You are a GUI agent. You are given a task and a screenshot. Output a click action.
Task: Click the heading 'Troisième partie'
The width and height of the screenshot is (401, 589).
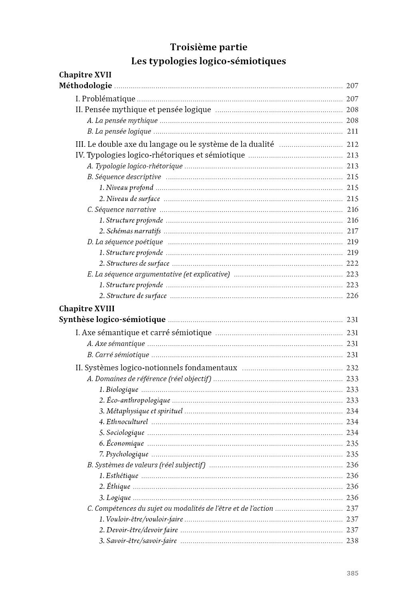point(208,47)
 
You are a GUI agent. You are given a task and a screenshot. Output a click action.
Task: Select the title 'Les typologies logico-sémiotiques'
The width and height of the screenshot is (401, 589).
point(208,61)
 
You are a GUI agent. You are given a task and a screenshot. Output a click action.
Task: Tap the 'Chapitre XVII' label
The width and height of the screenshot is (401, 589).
point(85,75)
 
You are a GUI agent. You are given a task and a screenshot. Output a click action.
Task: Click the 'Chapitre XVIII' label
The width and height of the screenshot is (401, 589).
point(87,308)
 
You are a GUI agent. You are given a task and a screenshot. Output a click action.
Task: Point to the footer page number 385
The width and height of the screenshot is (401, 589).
point(352,573)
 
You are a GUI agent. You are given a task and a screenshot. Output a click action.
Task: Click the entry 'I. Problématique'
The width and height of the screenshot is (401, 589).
point(105,99)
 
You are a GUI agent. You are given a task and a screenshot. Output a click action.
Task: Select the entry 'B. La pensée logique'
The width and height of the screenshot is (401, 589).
point(119,131)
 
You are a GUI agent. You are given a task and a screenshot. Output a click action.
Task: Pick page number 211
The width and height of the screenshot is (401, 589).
point(353,131)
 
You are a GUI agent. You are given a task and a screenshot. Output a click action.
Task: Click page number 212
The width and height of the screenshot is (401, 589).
point(352,144)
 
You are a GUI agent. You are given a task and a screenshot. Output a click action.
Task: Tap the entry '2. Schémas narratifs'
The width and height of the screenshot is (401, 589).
point(130,231)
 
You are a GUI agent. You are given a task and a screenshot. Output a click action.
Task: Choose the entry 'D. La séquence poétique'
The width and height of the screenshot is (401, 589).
point(125,242)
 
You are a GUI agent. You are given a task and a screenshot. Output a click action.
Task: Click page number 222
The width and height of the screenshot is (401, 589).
point(352,263)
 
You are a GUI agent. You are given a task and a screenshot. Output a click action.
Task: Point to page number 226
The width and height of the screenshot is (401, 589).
point(352,296)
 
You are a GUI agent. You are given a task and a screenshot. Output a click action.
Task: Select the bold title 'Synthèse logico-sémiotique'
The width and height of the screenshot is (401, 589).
point(112,319)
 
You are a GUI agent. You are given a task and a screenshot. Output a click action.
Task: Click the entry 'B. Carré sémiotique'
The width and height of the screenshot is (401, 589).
point(118,355)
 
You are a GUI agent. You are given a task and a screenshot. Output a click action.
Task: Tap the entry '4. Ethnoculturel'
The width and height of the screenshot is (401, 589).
point(123,422)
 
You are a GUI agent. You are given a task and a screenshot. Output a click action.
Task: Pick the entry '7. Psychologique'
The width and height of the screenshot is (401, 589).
point(123,454)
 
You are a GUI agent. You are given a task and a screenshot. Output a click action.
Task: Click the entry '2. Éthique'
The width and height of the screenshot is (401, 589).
point(115,486)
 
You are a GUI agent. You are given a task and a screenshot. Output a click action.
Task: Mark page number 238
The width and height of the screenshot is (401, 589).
point(352,541)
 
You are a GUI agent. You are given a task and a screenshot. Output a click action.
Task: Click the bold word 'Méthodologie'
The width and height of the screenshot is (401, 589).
point(85,85)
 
